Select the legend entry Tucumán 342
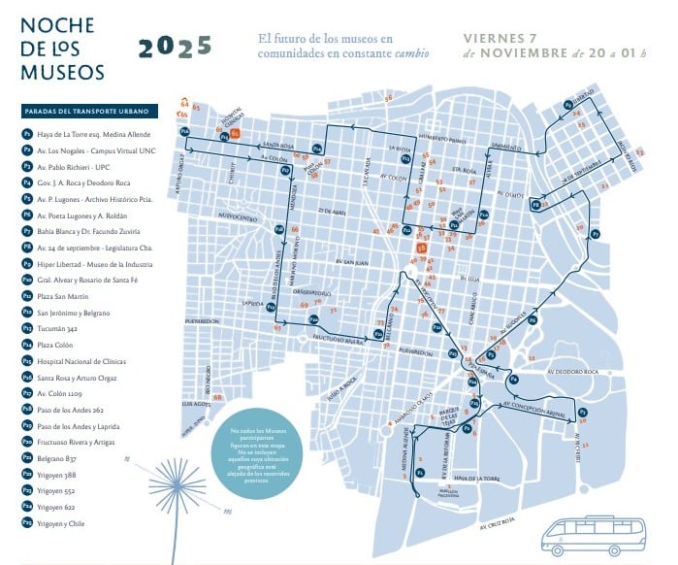click(58, 328)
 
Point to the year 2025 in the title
click(175, 48)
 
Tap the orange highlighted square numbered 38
click(421, 249)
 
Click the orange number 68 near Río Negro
click(217, 397)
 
